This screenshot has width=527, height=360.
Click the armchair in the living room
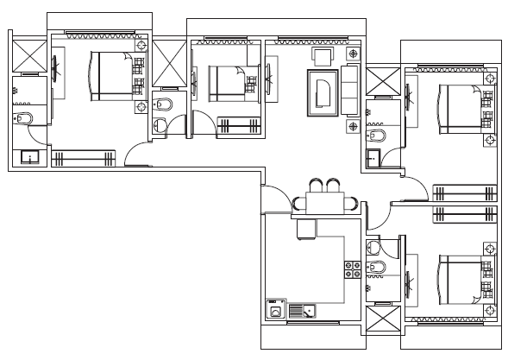tap(323, 57)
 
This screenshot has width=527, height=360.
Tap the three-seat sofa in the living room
tap(351, 90)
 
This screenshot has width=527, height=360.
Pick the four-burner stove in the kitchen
tap(351, 269)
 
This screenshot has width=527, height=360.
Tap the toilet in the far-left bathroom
tap(23, 118)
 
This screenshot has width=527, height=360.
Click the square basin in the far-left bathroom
tap(30, 157)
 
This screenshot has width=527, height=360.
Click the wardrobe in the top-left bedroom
tap(84, 158)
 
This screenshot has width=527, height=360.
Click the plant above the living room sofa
tap(353, 54)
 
